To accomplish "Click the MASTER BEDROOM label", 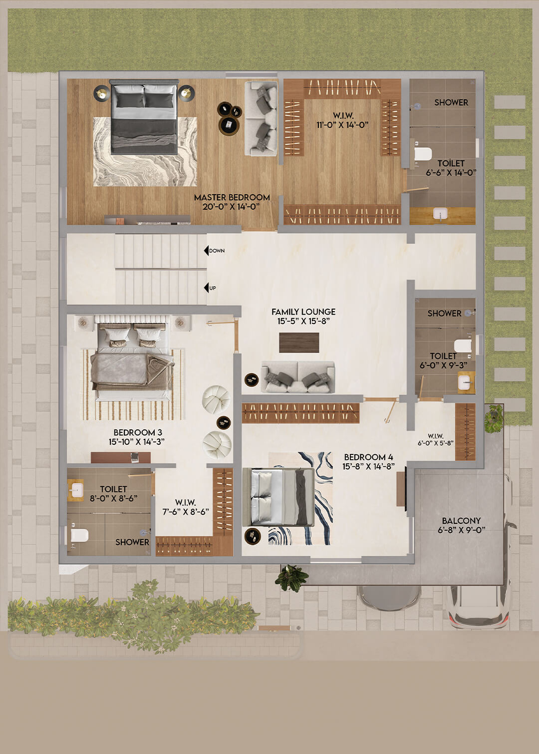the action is (232, 197).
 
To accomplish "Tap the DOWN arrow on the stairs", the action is (206, 251).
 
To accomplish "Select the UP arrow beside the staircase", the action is (206, 288).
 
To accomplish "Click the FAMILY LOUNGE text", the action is (303, 312).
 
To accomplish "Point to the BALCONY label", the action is (461, 521).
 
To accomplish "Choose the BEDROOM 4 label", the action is (368, 457).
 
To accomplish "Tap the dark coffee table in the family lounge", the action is (299, 343).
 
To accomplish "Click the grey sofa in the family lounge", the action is (298, 377).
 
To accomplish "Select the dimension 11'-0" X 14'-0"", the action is (342, 125).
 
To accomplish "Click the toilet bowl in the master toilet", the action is (422, 154).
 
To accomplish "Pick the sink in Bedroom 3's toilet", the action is (76, 490).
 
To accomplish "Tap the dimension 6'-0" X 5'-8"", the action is (436, 443).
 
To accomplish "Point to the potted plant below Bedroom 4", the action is (291, 578).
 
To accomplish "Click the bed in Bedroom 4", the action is (278, 497).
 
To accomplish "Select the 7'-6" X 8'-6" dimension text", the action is (186, 512).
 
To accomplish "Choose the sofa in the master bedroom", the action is (261, 118).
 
